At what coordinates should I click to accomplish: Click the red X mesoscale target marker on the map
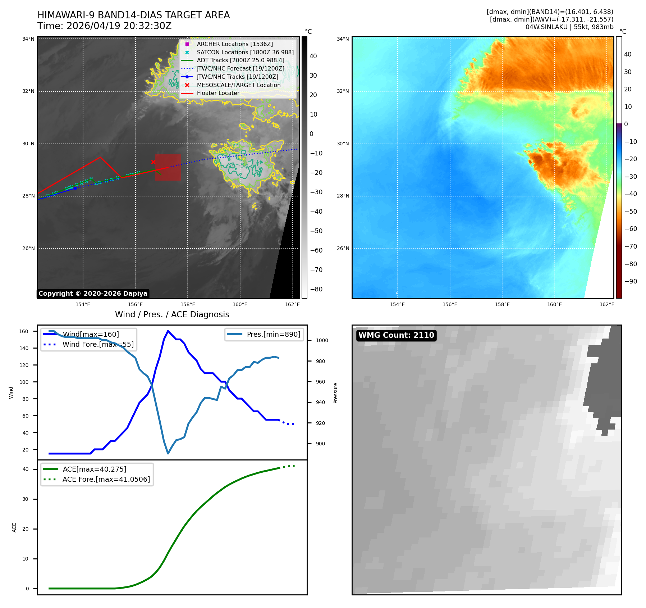153,162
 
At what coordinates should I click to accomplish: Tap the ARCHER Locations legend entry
229,44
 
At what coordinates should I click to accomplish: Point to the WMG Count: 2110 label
396,335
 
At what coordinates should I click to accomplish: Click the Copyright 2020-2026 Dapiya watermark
93,294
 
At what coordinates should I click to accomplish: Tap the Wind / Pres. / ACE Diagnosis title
172,314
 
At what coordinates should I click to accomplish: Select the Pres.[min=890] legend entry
264,334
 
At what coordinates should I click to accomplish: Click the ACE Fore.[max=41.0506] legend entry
97,479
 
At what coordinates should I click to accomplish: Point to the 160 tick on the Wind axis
24,331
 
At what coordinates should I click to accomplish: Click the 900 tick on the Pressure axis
320,444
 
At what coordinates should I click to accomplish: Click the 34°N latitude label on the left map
28,39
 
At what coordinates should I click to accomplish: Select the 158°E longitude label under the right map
502,304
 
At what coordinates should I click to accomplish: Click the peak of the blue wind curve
168,331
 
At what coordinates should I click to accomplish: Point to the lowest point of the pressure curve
168,453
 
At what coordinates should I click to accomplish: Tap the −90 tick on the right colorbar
631,281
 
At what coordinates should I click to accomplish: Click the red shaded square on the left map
168,167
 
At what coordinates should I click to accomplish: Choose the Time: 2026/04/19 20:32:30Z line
105,26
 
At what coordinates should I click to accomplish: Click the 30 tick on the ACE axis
26,499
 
